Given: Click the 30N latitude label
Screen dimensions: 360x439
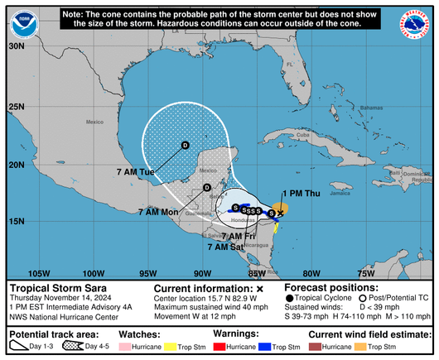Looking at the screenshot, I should click(16, 46).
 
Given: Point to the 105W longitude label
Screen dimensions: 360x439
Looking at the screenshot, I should click(38, 273).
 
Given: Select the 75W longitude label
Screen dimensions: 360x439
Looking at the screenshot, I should click(366, 273).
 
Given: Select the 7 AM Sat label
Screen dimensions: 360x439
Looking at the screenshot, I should click(225, 247).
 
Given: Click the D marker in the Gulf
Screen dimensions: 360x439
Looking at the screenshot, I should click(185, 146).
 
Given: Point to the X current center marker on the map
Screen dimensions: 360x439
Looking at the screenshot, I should click(280, 214).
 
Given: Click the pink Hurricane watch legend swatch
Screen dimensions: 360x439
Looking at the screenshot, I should click(137, 348).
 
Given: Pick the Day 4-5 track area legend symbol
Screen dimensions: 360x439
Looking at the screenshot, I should click(72, 347).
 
